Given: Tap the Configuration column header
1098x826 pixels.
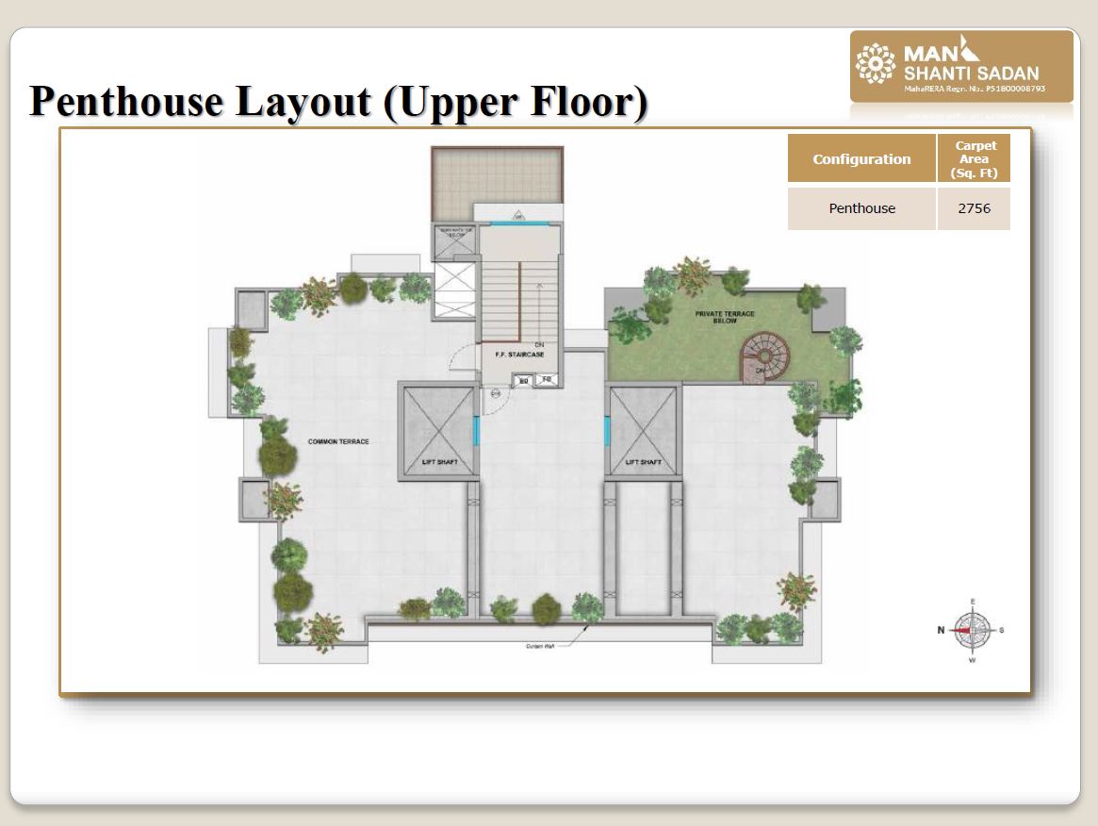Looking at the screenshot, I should coord(861,159).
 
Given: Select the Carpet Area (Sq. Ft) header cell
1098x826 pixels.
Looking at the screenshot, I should coord(974,159).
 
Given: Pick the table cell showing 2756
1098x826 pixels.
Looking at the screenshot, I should coord(974,208).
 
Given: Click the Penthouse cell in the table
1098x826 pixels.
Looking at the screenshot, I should coord(861,208).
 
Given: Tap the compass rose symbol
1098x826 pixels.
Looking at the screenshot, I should coord(972,630).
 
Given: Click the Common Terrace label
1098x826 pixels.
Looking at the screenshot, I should coord(338,442).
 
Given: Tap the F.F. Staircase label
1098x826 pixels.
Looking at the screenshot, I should coord(519,355).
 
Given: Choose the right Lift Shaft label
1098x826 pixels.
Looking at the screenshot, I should coord(645,462).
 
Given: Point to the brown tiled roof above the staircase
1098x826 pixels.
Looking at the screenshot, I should coord(497,183).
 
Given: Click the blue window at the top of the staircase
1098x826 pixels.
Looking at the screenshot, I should coord(520,223).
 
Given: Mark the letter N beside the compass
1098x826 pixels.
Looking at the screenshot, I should coord(940,631).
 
